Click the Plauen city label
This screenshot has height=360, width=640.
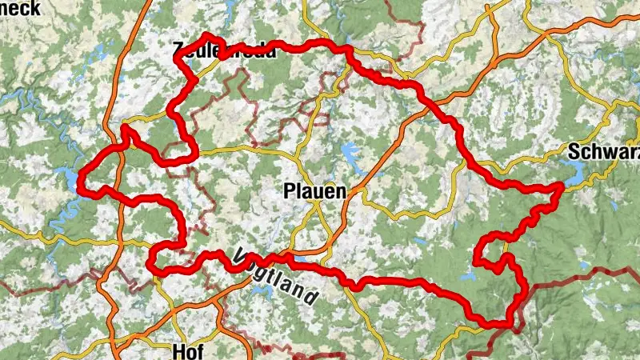pyautogui.click(x=315, y=191)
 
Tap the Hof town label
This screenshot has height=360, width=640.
pyautogui.click(x=187, y=350)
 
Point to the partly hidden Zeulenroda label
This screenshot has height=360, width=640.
pyautogui.click(x=224, y=51)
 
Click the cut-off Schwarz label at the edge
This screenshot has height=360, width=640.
pyautogui.click(x=603, y=153)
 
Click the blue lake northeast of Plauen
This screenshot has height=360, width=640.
pyautogui.click(x=350, y=152)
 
